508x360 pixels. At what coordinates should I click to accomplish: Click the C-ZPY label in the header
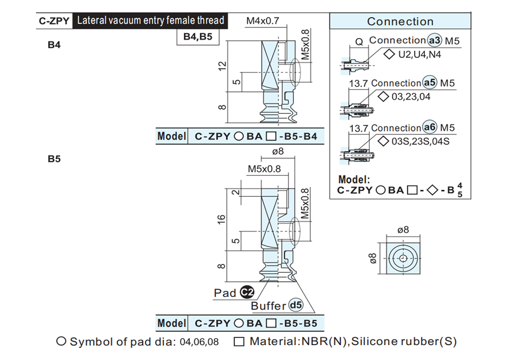coord(54,21)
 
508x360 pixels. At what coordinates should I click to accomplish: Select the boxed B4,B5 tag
coord(198,36)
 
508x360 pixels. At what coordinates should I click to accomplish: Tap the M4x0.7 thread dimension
coord(262,21)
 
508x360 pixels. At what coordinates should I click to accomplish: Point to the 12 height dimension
coord(222,66)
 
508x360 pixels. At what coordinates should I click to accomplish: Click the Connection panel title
coord(400,22)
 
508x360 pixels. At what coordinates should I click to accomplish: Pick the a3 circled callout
coord(435,40)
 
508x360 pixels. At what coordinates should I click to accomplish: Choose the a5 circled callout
coord(430,82)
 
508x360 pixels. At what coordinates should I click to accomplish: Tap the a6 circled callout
coord(430,127)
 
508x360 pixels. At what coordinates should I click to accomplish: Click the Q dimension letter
coord(359,42)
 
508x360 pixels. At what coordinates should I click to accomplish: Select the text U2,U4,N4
coord(420,55)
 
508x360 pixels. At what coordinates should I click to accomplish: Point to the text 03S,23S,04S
coord(420,141)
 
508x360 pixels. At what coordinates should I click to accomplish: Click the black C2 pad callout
coord(247,292)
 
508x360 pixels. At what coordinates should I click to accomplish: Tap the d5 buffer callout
coord(296,305)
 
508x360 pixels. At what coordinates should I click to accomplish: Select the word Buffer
coord(268,306)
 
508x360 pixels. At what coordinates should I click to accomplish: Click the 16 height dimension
coord(221,219)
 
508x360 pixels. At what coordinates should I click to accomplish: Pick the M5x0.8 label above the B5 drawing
coord(264,169)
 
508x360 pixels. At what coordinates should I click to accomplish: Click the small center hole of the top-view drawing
coord(403,258)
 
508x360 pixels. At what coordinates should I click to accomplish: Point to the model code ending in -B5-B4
coord(256,136)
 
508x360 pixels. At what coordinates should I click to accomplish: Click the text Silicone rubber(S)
coord(404,341)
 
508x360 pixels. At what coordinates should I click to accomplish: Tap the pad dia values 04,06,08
coord(199,342)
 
